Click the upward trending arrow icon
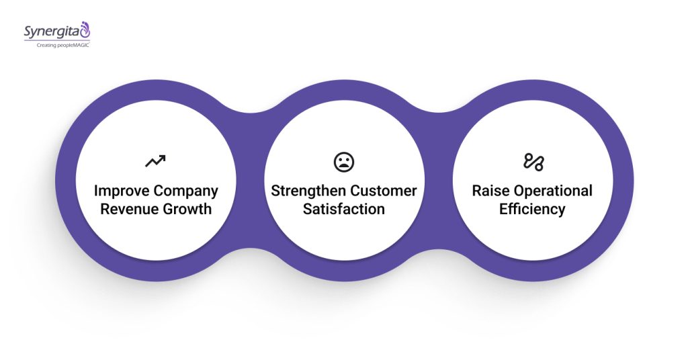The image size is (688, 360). click(x=155, y=161)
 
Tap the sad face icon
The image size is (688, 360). click(x=344, y=161)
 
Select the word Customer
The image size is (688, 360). click(x=385, y=191)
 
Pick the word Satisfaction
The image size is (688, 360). click(x=344, y=209)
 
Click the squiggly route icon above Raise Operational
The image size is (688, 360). click(x=533, y=161)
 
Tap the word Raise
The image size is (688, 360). click(x=491, y=191)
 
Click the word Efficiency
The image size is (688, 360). click(x=532, y=209)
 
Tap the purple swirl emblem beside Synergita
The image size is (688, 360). click(x=85, y=29)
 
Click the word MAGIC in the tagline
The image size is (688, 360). click(x=79, y=44)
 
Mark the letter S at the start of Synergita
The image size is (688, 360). click(x=28, y=31)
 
